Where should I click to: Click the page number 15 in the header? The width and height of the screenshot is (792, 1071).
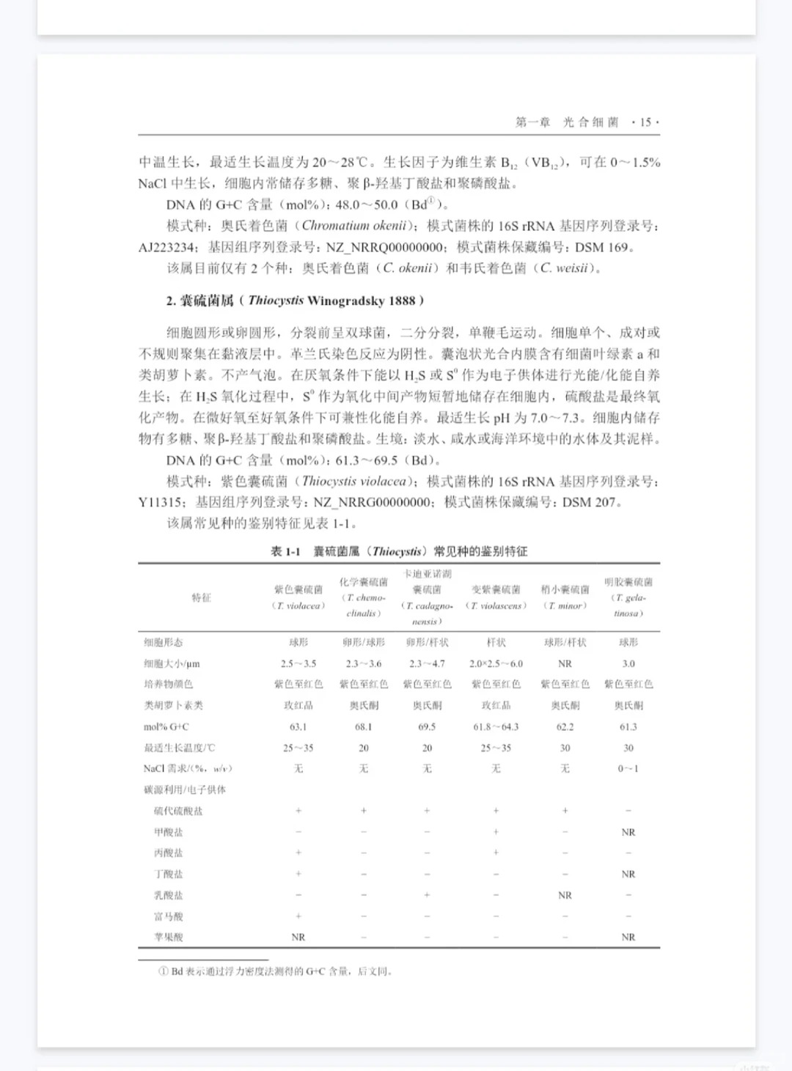click(645, 122)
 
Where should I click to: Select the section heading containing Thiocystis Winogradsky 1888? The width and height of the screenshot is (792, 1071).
click(295, 301)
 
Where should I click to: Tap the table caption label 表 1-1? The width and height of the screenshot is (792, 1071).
click(285, 551)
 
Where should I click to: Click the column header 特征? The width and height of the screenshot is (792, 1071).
click(201, 597)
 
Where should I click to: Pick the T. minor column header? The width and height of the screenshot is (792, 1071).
click(565, 597)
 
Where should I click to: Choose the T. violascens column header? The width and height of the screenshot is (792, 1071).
click(496, 597)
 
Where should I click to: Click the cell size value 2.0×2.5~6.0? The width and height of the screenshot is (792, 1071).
click(496, 663)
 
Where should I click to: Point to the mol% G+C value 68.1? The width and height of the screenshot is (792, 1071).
click(363, 726)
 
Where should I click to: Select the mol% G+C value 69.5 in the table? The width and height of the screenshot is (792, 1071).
click(427, 726)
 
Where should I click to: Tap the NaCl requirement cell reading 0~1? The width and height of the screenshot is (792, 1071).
click(628, 768)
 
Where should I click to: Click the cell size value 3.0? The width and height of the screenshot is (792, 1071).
click(628, 663)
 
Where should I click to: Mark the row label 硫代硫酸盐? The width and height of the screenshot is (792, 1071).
click(178, 811)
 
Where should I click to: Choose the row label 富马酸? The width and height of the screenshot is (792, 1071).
click(169, 916)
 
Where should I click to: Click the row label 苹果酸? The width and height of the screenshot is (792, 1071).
click(169, 937)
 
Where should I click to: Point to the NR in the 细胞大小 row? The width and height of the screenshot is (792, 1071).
click(565, 663)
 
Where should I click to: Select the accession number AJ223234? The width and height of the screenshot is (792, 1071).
click(166, 247)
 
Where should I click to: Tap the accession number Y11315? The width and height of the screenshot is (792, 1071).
click(160, 502)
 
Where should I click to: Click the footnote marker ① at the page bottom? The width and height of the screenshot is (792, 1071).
click(164, 971)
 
